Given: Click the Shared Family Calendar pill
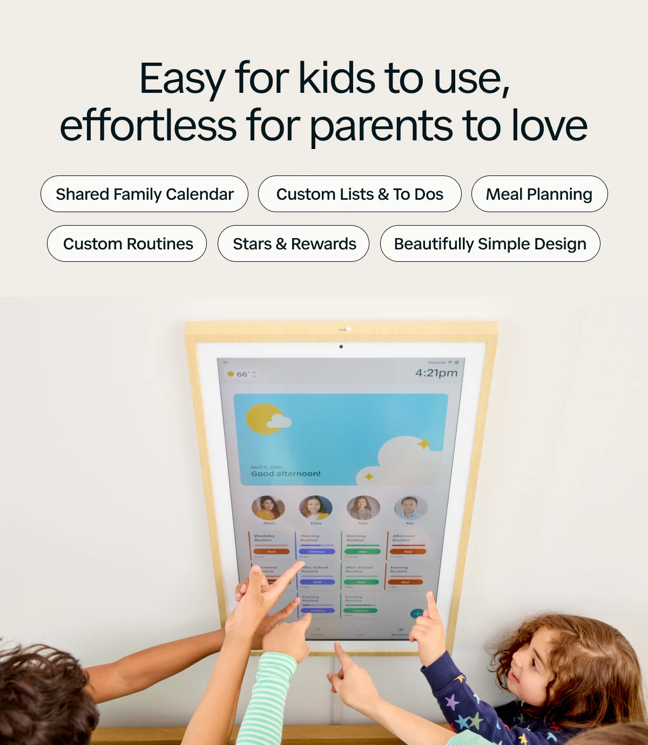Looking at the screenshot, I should (x=144, y=194).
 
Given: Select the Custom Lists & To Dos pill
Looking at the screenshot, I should (x=360, y=194).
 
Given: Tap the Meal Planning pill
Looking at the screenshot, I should (x=539, y=194).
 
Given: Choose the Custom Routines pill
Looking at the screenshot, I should (x=127, y=243).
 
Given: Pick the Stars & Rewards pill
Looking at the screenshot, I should (x=294, y=243).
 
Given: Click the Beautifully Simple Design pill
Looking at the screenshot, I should (x=490, y=243).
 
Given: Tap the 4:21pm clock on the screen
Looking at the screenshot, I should (x=436, y=373).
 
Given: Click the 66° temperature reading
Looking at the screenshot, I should (x=242, y=374).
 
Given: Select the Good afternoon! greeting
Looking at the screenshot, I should (x=286, y=474).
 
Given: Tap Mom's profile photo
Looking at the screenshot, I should (x=268, y=508).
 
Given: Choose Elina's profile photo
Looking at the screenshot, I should (x=315, y=508).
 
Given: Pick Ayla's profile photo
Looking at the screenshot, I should (x=362, y=508).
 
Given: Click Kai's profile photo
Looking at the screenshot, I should (x=410, y=508).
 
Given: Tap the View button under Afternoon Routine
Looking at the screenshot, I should (x=408, y=552).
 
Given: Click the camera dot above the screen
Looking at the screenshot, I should (x=341, y=347).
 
